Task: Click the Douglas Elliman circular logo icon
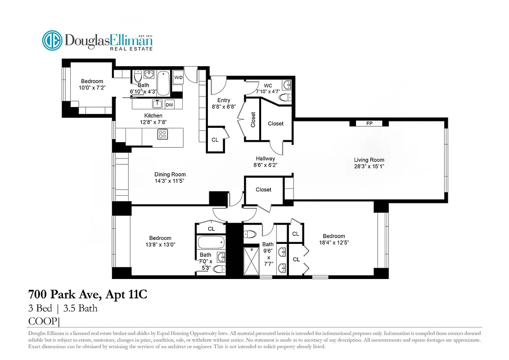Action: point(52,40)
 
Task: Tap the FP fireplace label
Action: point(369,123)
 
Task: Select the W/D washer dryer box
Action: point(178,77)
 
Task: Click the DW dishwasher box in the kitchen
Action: point(169,105)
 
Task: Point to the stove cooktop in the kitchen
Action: point(162,134)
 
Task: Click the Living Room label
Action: point(369,160)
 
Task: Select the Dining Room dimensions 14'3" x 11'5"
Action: point(170,181)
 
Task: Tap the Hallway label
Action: point(265,158)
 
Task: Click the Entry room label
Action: point(224,100)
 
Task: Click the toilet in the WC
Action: point(285,97)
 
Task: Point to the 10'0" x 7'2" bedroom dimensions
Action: point(92,88)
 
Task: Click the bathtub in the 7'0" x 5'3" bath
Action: point(211,243)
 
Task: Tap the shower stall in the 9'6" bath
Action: point(249,261)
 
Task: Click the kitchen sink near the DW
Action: point(156,104)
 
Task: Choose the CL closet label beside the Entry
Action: point(215,140)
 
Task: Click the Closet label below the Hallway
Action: point(263,189)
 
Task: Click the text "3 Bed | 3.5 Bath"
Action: point(63,309)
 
